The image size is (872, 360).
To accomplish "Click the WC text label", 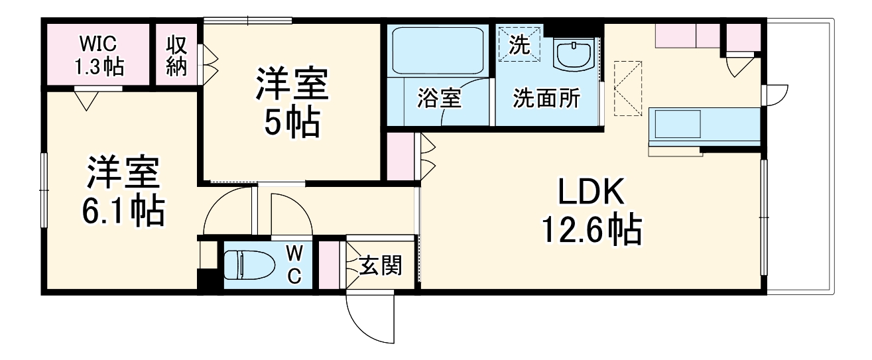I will [x=294, y=264].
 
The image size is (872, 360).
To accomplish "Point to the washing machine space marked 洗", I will [x=520, y=44].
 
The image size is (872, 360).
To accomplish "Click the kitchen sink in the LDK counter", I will [x=678, y=124].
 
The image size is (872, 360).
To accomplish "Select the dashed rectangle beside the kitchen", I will [x=628, y=88].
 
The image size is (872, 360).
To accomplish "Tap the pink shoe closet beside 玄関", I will [x=328, y=263].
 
